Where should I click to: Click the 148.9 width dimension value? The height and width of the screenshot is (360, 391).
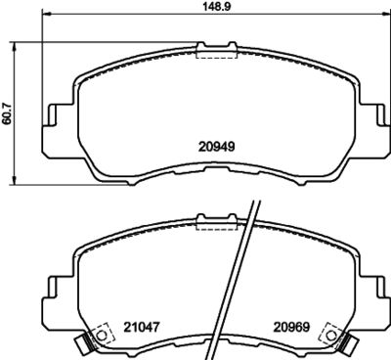[201, 7]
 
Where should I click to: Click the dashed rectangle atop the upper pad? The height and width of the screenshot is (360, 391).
[209, 53]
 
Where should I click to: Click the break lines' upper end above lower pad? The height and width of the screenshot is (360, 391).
[256, 201]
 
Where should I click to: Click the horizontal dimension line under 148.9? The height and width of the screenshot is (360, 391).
[117, 19]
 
